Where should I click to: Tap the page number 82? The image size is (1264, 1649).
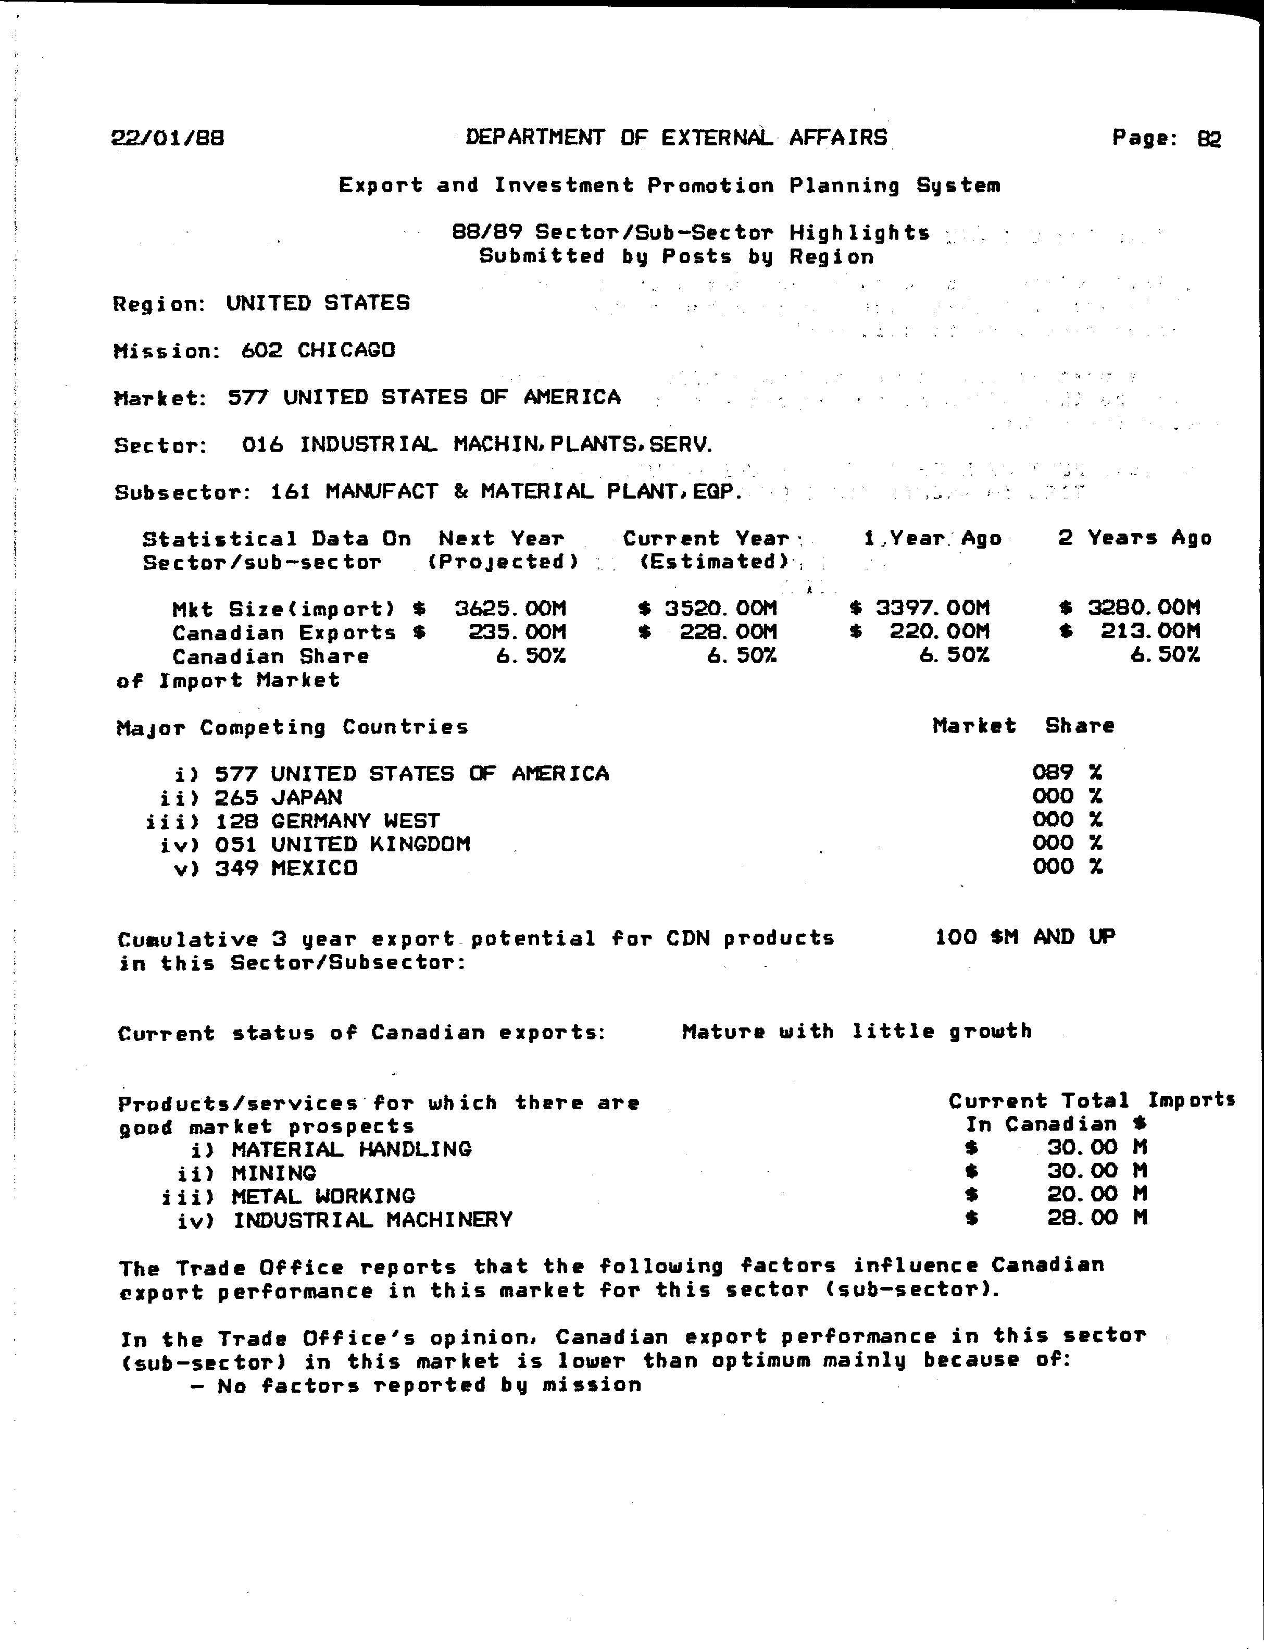pyautogui.click(x=1209, y=139)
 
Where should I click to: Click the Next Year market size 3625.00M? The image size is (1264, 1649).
pyautogui.click(x=510, y=608)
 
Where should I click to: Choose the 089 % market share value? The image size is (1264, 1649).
pyautogui.click(x=1067, y=772)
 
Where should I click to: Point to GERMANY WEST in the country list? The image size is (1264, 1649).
pyautogui.click(x=355, y=821)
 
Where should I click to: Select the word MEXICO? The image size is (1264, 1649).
pyautogui.click(x=315, y=868)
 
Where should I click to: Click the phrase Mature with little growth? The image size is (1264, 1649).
pyautogui.click(x=856, y=1031)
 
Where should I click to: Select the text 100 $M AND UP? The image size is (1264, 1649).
pyautogui.click(x=1025, y=937)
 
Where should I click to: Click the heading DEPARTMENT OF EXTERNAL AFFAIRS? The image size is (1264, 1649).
pyautogui.click(x=675, y=138)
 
